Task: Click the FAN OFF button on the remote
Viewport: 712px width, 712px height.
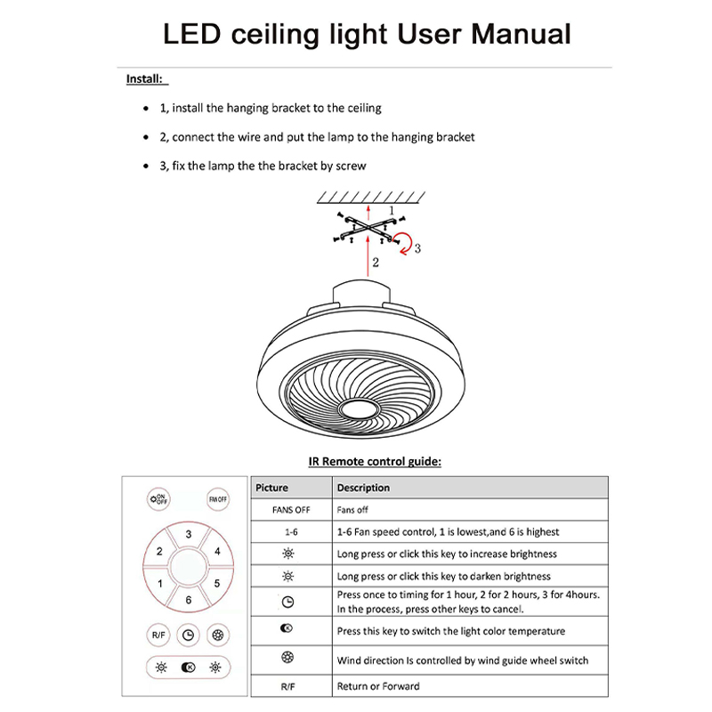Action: click(x=218, y=499)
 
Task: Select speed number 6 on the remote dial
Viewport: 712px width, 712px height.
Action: click(x=189, y=600)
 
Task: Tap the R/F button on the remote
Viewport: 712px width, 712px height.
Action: click(x=158, y=635)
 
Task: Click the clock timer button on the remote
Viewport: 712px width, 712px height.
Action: click(x=188, y=635)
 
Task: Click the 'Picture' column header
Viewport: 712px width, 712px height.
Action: click(x=272, y=488)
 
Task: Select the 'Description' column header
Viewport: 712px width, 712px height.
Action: click(x=363, y=488)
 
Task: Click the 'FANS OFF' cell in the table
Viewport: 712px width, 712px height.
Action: click(x=290, y=510)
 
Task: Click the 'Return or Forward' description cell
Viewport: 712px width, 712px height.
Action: click(x=378, y=686)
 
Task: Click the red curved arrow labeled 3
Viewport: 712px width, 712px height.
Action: click(x=406, y=241)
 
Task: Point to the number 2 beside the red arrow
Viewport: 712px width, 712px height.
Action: click(x=376, y=263)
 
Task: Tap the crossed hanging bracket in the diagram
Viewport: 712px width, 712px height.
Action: click(x=368, y=227)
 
